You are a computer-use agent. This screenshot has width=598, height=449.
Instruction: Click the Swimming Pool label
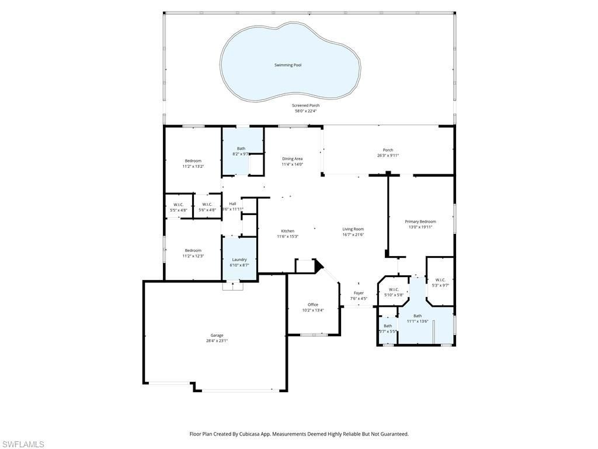(x=288, y=65)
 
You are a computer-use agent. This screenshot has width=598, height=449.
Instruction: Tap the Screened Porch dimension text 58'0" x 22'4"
(x=306, y=111)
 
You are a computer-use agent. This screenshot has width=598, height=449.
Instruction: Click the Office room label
(x=313, y=305)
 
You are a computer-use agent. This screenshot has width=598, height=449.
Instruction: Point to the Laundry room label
(x=239, y=260)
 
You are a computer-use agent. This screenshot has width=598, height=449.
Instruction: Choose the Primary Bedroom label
(x=420, y=222)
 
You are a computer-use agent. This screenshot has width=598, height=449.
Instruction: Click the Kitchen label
(x=287, y=231)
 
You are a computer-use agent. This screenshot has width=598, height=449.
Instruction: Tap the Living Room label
(x=353, y=229)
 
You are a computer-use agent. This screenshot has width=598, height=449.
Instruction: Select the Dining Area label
(x=293, y=158)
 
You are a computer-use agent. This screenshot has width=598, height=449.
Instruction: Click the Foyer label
(x=359, y=293)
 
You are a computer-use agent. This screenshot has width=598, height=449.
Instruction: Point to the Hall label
(x=232, y=203)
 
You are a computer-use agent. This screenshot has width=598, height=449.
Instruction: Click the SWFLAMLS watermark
(x=23, y=445)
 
